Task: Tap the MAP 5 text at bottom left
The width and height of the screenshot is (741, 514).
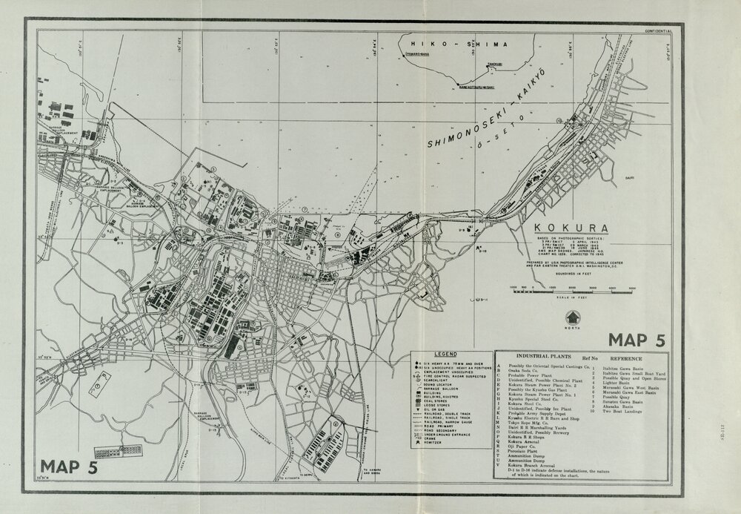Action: (70, 467)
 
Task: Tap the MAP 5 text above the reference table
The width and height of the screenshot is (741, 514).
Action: (636, 340)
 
